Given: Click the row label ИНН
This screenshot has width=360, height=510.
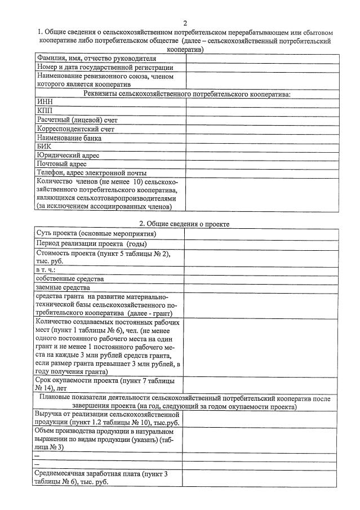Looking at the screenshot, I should pos(45,102).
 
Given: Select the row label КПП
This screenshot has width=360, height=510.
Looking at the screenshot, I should pos(45,111).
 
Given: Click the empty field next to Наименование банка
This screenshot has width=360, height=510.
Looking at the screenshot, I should pos(262,138).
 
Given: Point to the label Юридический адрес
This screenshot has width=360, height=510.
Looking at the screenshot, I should pos(68,155).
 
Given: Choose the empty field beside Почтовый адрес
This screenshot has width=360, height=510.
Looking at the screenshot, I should pos(262,164).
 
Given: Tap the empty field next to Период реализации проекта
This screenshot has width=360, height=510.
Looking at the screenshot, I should pos(262,243).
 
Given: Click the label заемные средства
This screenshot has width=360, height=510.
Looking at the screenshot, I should pos(62,287).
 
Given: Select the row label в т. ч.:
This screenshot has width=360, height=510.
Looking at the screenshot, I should pos(49,270).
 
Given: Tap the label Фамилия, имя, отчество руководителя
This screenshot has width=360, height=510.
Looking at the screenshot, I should pos(96,58).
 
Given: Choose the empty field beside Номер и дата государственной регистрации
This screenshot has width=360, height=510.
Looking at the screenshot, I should pos(262,67).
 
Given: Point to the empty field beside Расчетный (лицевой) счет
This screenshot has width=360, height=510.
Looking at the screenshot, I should pos(262,120).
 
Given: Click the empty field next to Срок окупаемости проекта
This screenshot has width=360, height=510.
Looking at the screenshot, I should pos(262,385).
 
